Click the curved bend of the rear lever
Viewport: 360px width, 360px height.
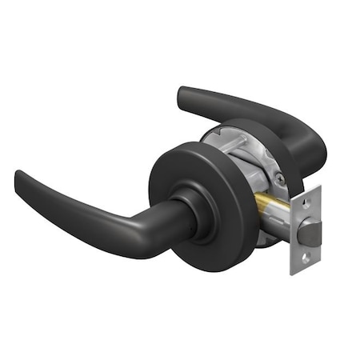coord(308,136)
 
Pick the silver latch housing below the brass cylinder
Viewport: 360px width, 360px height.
coord(276,228)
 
